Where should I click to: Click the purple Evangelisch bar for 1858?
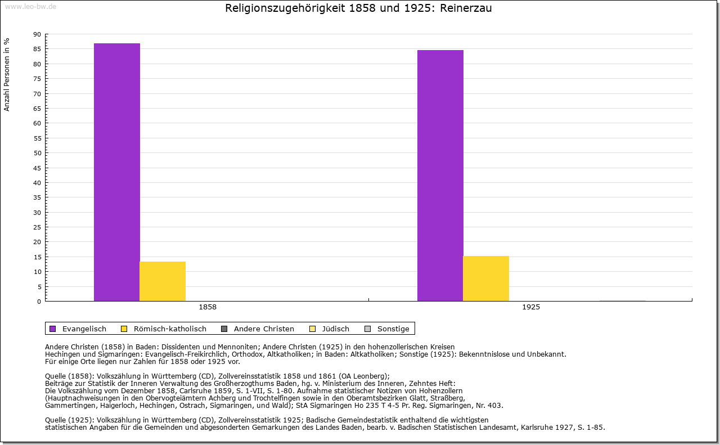click(x=116, y=172)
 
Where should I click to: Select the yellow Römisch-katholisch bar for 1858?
click(x=163, y=281)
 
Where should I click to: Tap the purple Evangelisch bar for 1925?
click(x=440, y=176)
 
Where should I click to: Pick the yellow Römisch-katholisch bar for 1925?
click(x=486, y=278)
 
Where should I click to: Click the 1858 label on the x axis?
click(x=208, y=308)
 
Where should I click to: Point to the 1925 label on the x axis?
click(x=531, y=308)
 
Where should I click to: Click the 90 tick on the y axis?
click(x=37, y=34)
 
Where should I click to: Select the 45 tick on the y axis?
click(x=37, y=168)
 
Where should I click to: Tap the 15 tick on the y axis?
click(x=37, y=257)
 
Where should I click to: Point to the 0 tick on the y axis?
click(x=39, y=302)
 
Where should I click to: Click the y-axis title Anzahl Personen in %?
click(x=7, y=74)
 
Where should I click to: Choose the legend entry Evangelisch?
click(x=84, y=329)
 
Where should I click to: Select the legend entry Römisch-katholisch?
click(x=170, y=329)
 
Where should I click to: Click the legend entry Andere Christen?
click(x=264, y=329)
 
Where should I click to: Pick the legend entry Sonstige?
click(x=393, y=329)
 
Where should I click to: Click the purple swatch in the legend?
click(x=53, y=329)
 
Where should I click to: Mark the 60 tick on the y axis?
click(x=37, y=123)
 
